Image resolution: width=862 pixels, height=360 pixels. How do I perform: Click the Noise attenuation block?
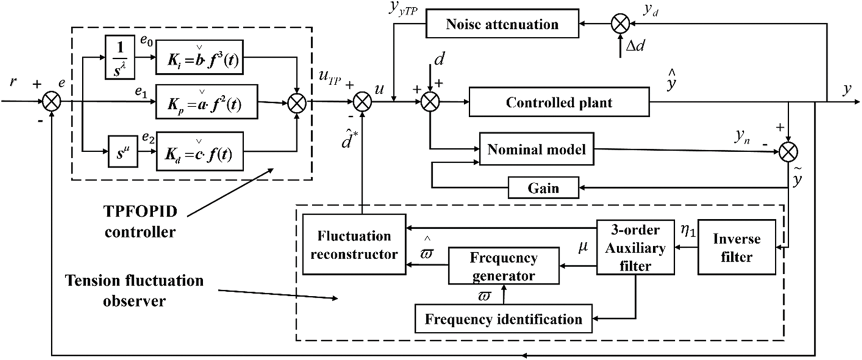pos(502,24)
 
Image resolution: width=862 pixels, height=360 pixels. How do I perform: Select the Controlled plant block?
pos(559,102)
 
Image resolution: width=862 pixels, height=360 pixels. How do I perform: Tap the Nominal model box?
pos(536,149)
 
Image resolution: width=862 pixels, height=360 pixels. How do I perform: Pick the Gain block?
pos(543,188)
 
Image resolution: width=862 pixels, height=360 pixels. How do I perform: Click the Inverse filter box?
pos(736,247)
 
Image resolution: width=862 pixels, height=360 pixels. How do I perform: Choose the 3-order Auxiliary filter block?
pos(635,247)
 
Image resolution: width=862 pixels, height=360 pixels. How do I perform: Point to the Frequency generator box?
pos(503,266)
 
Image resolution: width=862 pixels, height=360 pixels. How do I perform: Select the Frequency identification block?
pos(503,319)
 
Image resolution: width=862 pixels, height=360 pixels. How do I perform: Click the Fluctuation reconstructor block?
pos(354,245)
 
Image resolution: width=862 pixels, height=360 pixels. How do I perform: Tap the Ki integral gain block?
pos(199,57)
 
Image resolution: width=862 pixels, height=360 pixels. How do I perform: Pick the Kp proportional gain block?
pos(206,102)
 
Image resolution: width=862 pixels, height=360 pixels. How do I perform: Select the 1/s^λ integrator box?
pos(120,58)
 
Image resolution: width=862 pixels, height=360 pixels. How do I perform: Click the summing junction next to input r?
pos(50,101)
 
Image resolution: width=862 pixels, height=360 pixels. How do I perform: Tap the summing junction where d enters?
pos(430,101)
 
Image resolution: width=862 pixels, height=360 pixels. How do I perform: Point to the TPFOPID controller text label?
pos(140,222)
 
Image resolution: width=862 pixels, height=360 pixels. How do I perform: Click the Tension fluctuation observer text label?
pos(134,291)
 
